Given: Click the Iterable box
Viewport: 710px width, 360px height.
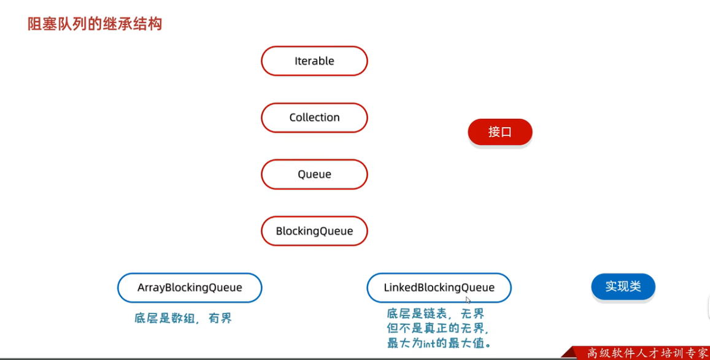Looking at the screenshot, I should [314, 61].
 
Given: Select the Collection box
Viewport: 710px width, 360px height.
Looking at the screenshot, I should [314, 118].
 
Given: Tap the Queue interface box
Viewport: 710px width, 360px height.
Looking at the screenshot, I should [314, 175].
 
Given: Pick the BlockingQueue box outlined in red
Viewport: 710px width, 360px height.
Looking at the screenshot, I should [314, 231].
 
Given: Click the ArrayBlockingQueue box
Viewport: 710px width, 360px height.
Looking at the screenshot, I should [190, 288].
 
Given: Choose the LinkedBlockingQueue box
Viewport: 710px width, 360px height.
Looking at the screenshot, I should [439, 288].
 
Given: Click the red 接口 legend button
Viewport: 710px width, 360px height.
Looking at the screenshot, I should [500, 132].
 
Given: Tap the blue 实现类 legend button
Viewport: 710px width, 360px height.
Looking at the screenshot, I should [623, 286].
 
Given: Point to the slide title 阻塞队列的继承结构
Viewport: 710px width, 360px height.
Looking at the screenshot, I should [95, 25].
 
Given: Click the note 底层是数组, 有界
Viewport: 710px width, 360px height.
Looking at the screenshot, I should [183, 319].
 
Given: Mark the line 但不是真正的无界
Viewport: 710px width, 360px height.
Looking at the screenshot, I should [438, 328].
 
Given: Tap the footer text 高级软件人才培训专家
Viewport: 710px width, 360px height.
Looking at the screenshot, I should [647, 353].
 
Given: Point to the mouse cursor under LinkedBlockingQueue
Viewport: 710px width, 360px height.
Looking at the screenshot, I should [468, 300].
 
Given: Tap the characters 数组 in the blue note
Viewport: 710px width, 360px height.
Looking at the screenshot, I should [183, 319].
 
